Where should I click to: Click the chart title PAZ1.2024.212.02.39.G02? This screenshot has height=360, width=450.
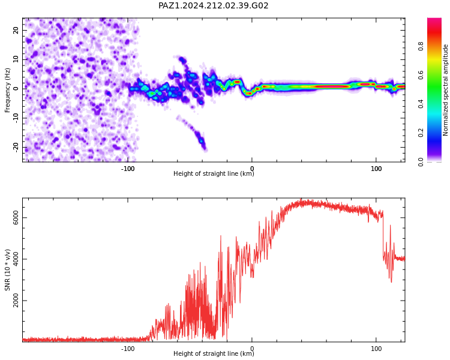(213, 5)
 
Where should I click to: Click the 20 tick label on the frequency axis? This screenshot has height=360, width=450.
(16, 30)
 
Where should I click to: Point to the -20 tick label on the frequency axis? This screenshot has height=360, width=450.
(16, 147)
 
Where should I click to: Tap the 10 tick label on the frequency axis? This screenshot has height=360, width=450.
(16, 59)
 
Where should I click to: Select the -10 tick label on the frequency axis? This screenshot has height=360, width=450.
(16, 118)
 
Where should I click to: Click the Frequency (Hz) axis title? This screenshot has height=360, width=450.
(7, 90)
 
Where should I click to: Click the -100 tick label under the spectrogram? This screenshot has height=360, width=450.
(128, 169)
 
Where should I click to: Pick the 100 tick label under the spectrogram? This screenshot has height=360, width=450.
(376, 169)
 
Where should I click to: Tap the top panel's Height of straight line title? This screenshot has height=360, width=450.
(214, 173)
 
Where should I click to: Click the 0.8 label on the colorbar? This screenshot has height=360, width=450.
(421, 46)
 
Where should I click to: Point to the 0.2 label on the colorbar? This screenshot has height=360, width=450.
(421, 133)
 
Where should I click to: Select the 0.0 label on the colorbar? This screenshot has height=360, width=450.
(421, 162)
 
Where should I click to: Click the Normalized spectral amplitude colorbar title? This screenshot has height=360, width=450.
(445, 90)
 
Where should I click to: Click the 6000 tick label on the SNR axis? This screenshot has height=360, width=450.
(16, 218)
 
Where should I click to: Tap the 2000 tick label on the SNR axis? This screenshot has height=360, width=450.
(16, 301)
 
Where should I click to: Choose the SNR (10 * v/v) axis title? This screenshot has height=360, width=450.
(7, 270)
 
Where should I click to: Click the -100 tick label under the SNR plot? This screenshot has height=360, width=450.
(128, 349)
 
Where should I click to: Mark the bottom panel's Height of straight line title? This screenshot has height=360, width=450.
(214, 353)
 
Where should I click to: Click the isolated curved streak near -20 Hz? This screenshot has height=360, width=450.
(192, 132)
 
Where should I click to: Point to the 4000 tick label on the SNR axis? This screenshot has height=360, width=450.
(16, 259)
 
